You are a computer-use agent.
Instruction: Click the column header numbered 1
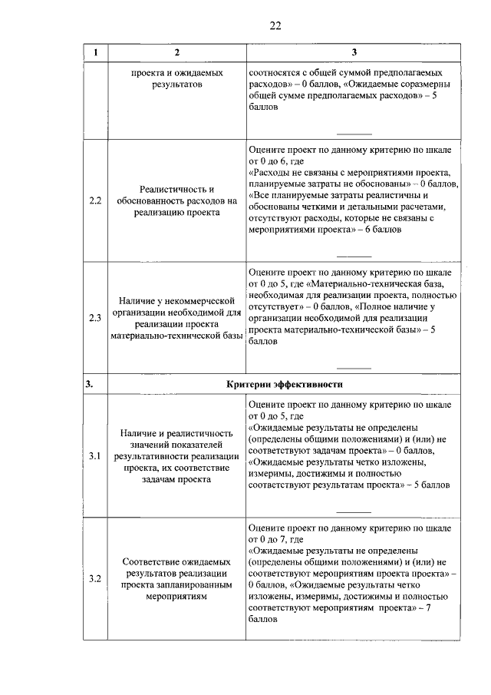[x=95, y=52]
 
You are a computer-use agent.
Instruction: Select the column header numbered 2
[x=177, y=52]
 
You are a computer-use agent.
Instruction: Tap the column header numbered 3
[x=354, y=52]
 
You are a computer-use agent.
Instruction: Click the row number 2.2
[x=95, y=201]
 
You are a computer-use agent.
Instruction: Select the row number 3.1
[x=95, y=456]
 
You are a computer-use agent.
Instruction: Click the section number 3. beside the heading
[x=90, y=384]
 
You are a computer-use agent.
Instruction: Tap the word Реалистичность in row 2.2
[x=177, y=189]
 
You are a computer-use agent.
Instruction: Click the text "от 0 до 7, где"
[x=277, y=540]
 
